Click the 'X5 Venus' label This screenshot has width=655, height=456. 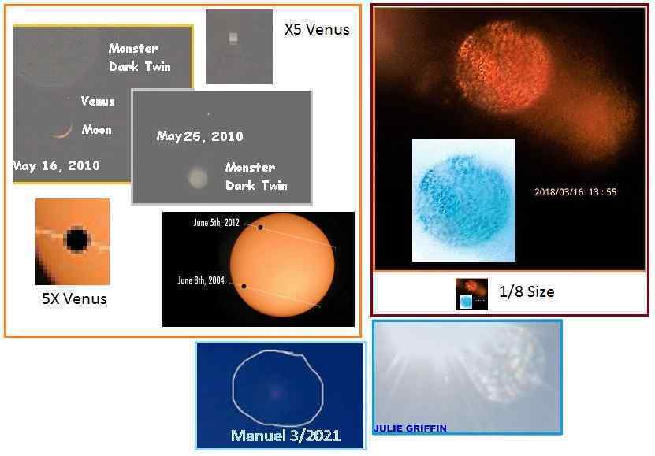[x=317, y=30]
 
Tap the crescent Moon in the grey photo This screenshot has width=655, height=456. [x=64, y=132]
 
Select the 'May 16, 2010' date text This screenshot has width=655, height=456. [x=57, y=165]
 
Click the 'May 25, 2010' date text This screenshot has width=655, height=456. [x=199, y=136]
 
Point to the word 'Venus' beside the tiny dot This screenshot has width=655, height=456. [x=97, y=101]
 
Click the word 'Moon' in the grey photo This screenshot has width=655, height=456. [x=96, y=130]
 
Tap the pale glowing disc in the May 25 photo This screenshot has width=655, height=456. [x=197, y=177]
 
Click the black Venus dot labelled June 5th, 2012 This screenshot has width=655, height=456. [x=260, y=228]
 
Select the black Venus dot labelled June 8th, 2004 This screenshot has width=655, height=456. [x=244, y=286]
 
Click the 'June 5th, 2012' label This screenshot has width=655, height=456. [x=217, y=222]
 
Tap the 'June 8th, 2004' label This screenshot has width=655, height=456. [x=201, y=280]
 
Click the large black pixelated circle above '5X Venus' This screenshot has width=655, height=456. [x=77, y=239]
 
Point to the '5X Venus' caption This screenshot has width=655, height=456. [x=74, y=298]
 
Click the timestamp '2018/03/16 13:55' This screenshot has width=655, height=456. [x=575, y=192]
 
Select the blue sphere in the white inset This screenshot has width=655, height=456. [x=463, y=199]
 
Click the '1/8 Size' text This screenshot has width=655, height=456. [x=527, y=291]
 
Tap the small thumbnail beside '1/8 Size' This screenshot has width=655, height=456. [x=471, y=294]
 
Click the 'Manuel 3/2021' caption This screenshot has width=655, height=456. [x=286, y=436]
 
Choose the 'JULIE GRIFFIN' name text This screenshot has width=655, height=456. [x=410, y=428]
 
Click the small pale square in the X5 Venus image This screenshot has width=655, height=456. [x=233, y=38]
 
